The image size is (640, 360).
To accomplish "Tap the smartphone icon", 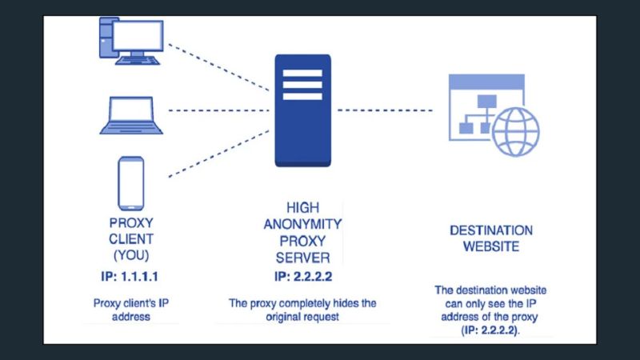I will pos(130,183).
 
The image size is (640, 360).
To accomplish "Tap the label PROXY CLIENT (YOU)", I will pos(130,239).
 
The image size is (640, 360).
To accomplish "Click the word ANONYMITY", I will pos(302,225).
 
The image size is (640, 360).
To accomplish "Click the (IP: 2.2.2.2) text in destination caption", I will pos(490,329).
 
